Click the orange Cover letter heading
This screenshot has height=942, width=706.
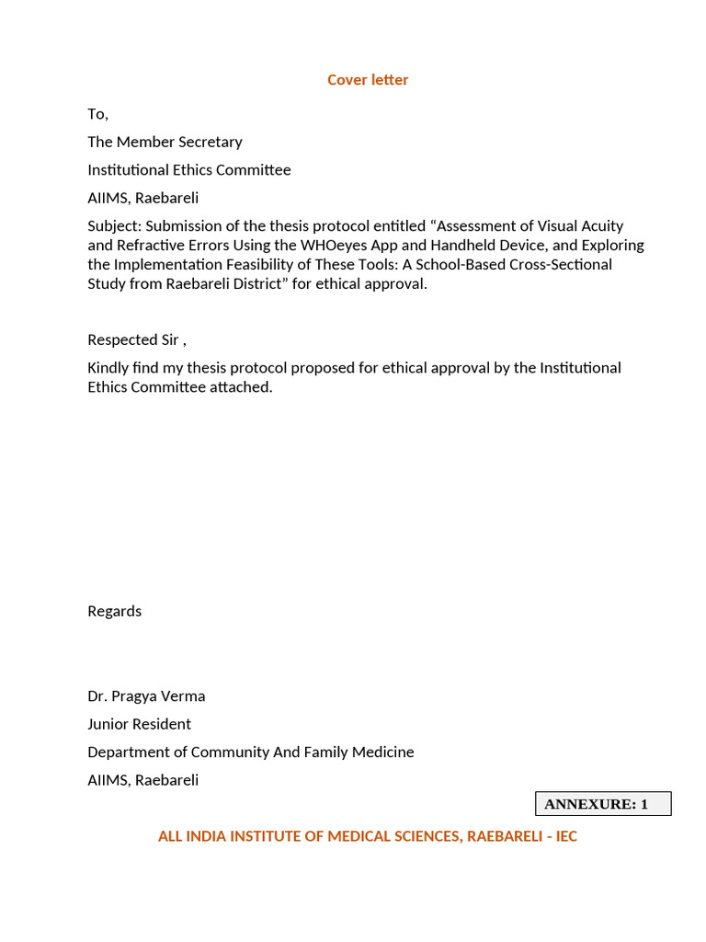(x=368, y=80)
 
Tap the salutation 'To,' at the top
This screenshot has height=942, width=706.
(x=97, y=114)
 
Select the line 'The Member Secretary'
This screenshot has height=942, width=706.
(x=165, y=142)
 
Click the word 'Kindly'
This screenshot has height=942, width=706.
(x=109, y=368)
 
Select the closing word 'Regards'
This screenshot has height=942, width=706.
(x=114, y=612)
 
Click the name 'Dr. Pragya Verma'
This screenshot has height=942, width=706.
(x=146, y=696)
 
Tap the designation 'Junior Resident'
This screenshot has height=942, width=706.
(x=139, y=724)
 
